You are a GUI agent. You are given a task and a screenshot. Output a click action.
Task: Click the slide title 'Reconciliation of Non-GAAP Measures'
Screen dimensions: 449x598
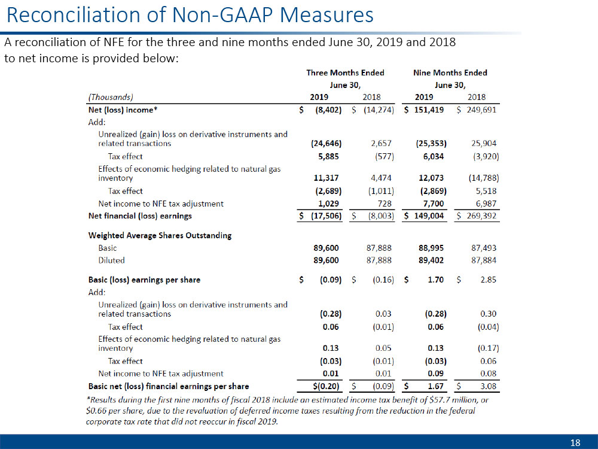point(190,14)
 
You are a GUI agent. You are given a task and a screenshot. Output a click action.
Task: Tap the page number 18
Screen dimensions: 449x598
point(575,442)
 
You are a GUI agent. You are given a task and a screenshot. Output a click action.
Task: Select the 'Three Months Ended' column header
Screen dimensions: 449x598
point(345,72)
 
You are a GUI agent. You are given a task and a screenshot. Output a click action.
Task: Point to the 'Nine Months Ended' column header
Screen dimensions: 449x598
point(450,72)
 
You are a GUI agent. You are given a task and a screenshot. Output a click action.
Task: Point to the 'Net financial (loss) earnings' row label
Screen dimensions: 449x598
point(140,216)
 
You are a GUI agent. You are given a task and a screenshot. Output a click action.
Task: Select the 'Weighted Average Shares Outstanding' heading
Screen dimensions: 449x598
point(160,235)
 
